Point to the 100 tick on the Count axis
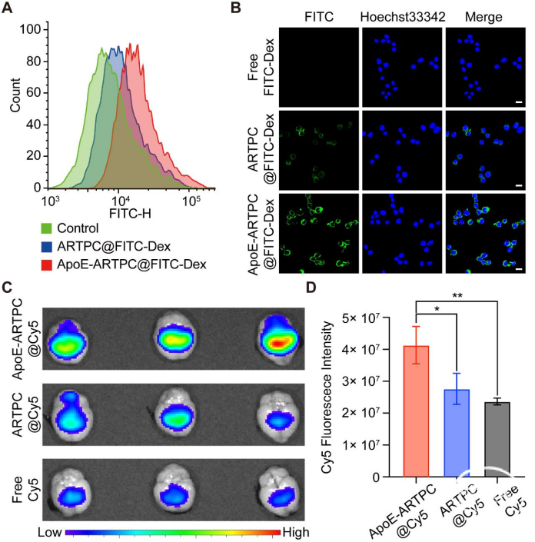point(31,28)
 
